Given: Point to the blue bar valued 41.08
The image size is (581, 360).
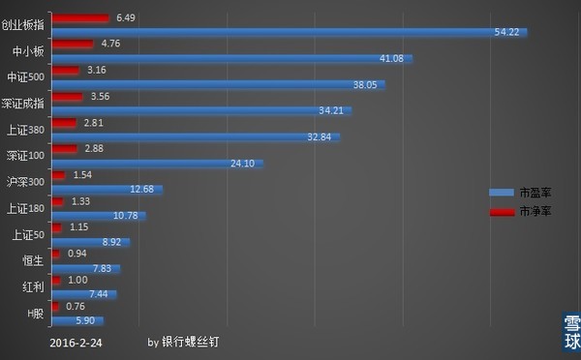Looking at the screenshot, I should [x=232, y=59].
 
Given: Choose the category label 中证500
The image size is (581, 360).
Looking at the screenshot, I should [x=26, y=77].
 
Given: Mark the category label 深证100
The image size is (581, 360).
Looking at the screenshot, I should [x=26, y=156].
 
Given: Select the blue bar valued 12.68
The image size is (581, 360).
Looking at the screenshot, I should [x=107, y=190].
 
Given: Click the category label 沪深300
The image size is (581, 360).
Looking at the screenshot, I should [x=26, y=182].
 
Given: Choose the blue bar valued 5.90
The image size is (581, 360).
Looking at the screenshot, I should [x=76, y=320].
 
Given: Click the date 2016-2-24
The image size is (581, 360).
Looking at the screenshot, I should [x=75, y=343].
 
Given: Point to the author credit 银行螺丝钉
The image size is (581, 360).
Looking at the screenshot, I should [x=202, y=343].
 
